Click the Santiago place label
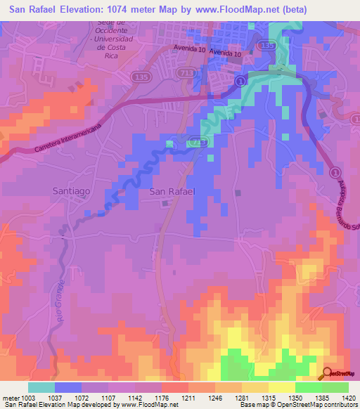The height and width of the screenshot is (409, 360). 72,190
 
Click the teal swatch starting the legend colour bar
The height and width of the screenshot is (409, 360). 41,387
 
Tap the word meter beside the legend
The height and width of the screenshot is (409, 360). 9,398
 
